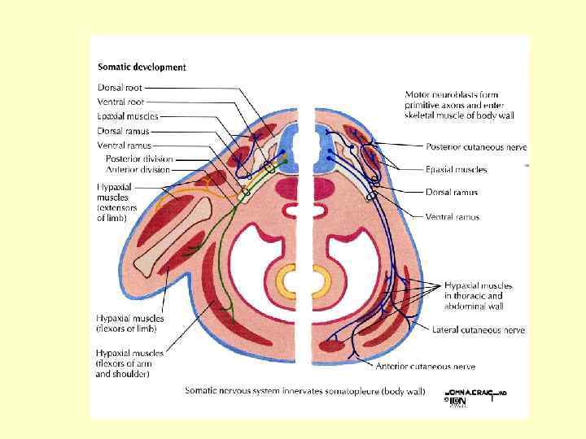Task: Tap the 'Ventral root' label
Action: pyautogui.click(x=121, y=102)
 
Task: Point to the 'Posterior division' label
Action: pyautogui.click(x=138, y=159)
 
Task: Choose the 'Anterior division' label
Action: pyautogui.click(x=138, y=170)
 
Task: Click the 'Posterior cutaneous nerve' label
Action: pyautogui.click(x=476, y=146)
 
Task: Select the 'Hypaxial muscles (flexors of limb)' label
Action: pyautogui.click(x=130, y=323)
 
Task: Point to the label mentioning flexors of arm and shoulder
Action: pyautogui.click(x=129, y=363)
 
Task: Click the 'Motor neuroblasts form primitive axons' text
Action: pyautogui.click(x=454, y=105)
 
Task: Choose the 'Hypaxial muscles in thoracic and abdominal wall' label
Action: pyautogui.click(x=479, y=296)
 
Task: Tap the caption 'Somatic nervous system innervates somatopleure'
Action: pyautogui.click(x=304, y=391)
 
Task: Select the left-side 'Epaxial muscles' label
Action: pyautogui.click(x=127, y=116)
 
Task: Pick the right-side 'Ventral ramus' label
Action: pyautogui.click(x=453, y=217)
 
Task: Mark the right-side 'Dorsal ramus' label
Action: pyautogui.click(x=451, y=193)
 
